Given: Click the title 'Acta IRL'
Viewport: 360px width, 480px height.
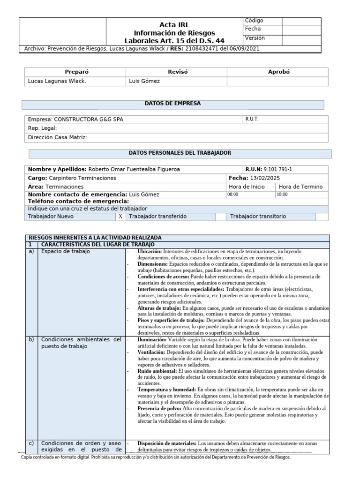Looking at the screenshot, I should pyautogui.click(x=174, y=25).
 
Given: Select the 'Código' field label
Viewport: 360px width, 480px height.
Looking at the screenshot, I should pyautogui.click(x=255, y=21).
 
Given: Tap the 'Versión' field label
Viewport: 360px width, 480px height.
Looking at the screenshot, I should pyautogui.click(x=255, y=38).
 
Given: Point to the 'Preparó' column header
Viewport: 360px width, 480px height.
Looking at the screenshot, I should pyautogui.click(x=76, y=72).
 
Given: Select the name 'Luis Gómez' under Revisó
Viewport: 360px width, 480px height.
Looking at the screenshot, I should pyautogui.click(x=144, y=81).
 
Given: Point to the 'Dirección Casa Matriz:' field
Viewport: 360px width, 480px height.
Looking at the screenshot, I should pyautogui.click(x=58, y=137).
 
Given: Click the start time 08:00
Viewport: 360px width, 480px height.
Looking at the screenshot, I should pyautogui.click(x=233, y=195).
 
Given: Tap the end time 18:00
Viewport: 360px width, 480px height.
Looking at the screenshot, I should pyautogui.click(x=282, y=195).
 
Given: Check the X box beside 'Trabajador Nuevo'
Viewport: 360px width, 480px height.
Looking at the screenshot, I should pyautogui.click(x=120, y=217).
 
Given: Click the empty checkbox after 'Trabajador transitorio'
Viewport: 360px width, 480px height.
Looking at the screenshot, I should pyautogui.click(x=322, y=217).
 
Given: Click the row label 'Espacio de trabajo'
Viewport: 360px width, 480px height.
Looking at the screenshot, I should pyautogui.click(x=66, y=251).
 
